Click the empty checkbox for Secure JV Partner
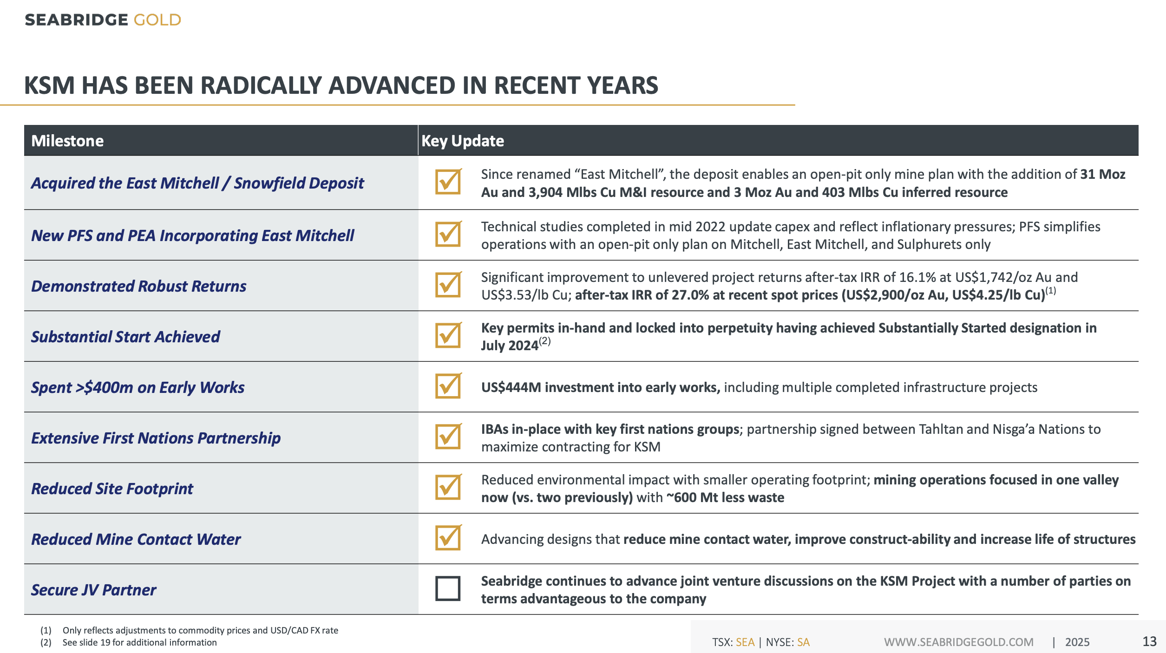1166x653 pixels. [447, 588]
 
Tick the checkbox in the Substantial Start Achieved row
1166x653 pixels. [447, 335]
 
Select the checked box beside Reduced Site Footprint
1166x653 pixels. [447, 487]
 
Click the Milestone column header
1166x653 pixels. [67, 141]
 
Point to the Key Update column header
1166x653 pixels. [462, 141]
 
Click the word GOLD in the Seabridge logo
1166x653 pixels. [157, 20]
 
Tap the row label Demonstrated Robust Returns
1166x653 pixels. [138, 286]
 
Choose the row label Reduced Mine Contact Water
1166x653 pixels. [136, 539]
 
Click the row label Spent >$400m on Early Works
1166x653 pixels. [138, 387]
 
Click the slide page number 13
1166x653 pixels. [1149, 641]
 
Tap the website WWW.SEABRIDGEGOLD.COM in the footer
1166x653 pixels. [959, 642]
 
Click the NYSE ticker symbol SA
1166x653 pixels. [803, 642]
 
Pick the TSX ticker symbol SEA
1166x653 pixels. [745, 642]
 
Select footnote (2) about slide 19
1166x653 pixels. [139, 642]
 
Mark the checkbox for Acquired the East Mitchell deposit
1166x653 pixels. [447, 182]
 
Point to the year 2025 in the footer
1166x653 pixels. [1077, 642]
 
